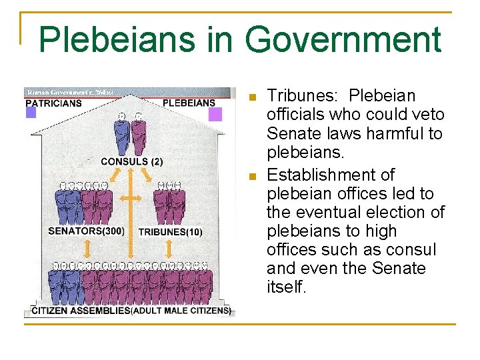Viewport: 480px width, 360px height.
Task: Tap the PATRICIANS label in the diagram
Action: click(x=53, y=103)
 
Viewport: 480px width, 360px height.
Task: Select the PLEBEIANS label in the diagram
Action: click(x=189, y=103)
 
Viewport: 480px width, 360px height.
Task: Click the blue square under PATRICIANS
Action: click(x=31, y=113)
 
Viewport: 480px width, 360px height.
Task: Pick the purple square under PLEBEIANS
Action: click(x=215, y=114)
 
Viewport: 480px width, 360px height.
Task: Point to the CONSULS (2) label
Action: click(x=131, y=161)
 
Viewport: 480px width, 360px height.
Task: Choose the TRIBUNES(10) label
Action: click(x=169, y=232)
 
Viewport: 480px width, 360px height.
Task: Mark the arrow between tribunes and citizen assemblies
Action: click(x=169, y=248)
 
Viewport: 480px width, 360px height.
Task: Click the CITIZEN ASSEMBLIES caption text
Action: click(x=81, y=311)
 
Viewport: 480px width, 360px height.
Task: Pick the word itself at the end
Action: click(x=285, y=287)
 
